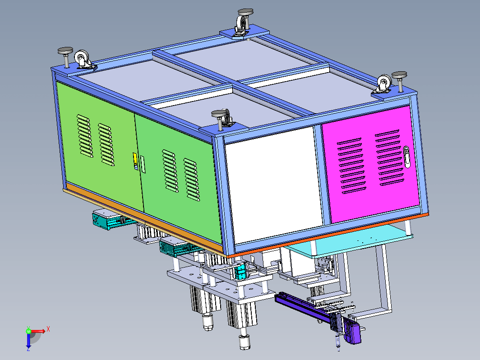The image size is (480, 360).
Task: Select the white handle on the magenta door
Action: pyautogui.click(x=406, y=157)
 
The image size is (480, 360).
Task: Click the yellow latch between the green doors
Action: pyautogui.click(x=135, y=161)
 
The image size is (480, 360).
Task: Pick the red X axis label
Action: pyautogui.click(x=48, y=329)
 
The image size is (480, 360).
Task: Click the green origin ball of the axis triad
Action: pyautogui.click(x=28, y=331)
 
